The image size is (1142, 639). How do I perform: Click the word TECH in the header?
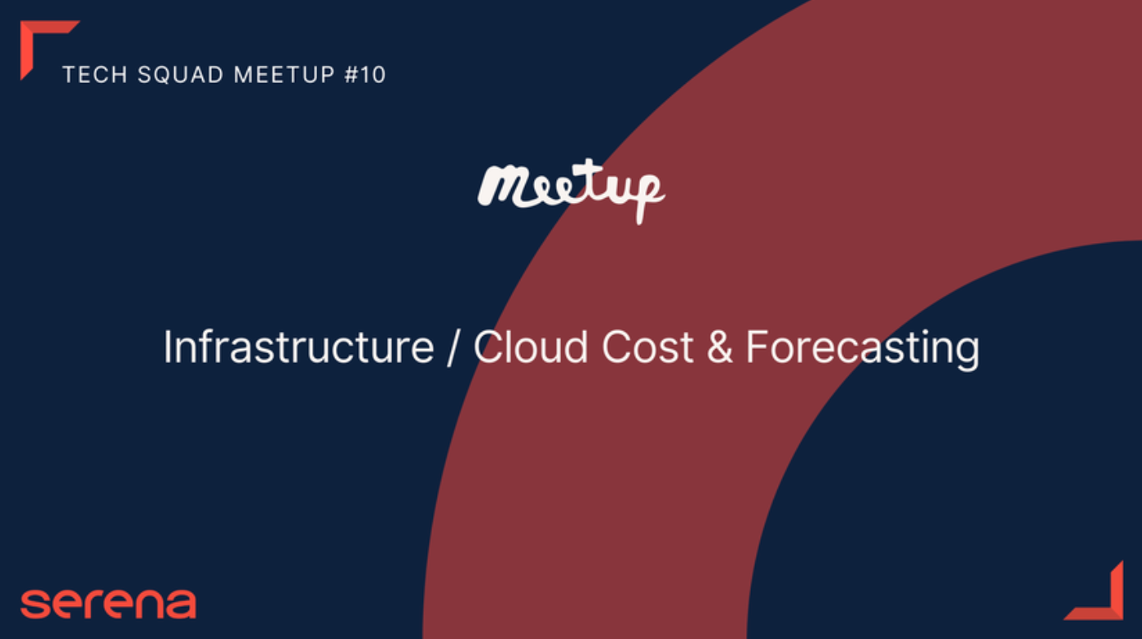(94, 75)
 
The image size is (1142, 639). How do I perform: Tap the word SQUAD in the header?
(181, 75)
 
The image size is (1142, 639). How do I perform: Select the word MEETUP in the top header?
(284, 75)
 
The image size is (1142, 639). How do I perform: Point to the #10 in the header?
(365, 75)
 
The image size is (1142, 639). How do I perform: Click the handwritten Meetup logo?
(571, 191)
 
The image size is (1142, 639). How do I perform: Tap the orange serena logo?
(108, 604)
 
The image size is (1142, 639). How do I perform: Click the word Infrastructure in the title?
(299, 347)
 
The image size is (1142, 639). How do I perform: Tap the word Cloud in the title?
(531, 347)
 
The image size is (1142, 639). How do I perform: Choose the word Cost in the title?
(647, 347)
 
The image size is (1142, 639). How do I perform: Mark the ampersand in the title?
(720, 347)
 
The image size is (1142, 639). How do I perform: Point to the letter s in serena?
(35, 605)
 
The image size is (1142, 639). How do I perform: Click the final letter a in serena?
(180, 605)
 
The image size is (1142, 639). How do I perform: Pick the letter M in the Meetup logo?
(502, 186)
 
